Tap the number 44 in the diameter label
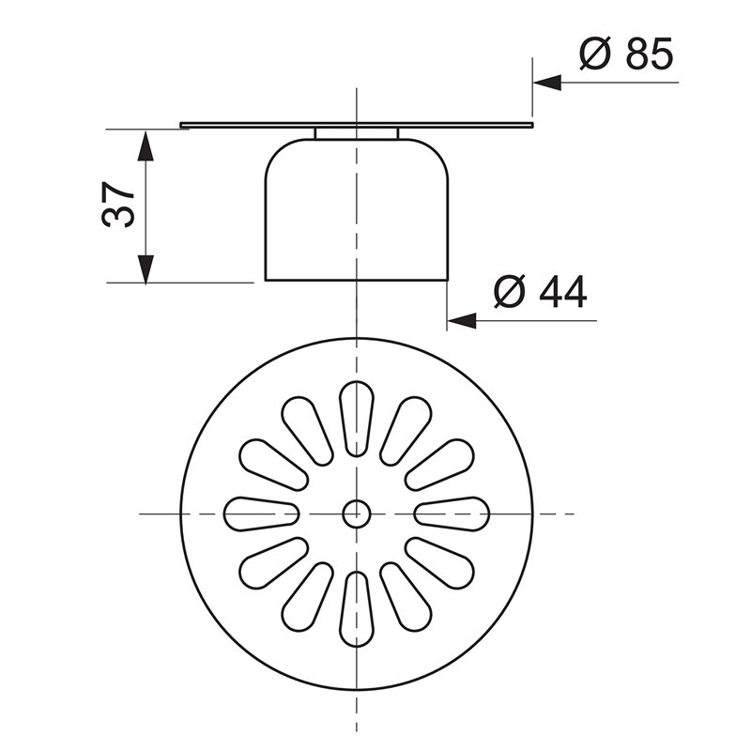coord(562,293)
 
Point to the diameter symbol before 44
coord(512,293)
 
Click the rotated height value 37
coord(120,204)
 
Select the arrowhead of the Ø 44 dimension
coord(461,320)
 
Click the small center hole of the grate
coord(355,513)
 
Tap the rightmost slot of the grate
coord(452,513)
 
